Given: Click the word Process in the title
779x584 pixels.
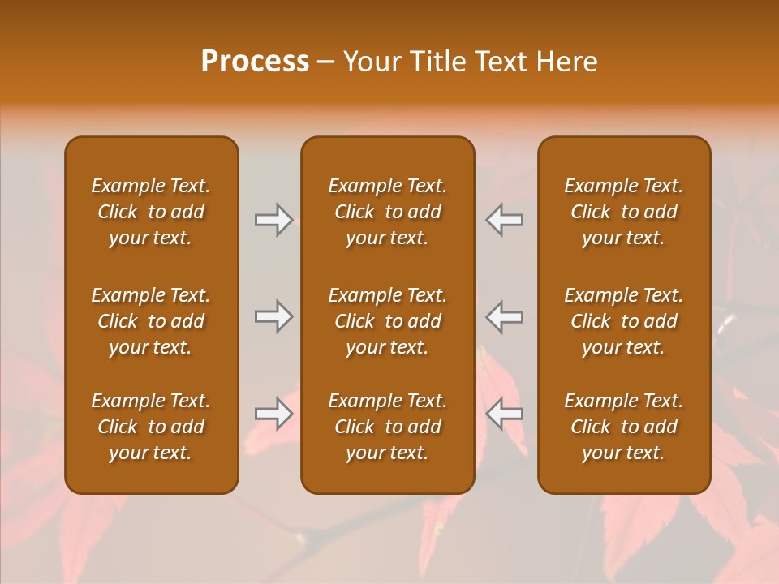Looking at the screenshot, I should (x=255, y=62).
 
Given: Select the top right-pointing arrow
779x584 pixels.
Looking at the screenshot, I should (x=273, y=220).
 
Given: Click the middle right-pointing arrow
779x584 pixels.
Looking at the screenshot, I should (x=273, y=316).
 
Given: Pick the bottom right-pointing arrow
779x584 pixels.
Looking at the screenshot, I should (x=273, y=414).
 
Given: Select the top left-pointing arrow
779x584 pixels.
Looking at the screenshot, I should (x=505, y=220).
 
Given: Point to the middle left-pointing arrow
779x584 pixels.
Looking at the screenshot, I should (x=505, y=316).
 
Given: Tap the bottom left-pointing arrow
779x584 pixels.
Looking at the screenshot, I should (x=505, y=414).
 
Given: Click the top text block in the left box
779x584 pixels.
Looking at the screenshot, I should (x=151, y=212).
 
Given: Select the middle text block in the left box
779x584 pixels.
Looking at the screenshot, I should (x=151, y=321).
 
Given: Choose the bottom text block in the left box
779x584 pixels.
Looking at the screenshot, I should (x=151, y=427).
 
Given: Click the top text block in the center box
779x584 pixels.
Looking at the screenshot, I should (x=387, y=212).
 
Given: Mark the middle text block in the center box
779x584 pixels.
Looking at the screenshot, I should (x=387, y=321).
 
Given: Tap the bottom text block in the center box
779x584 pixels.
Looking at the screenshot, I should (x=387, y=427).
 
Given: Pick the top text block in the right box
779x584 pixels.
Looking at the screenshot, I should (x=624, y=212).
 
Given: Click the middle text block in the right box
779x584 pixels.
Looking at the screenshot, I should (x=624, y=321).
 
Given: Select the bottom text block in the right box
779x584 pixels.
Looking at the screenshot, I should (x=624, y=427).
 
